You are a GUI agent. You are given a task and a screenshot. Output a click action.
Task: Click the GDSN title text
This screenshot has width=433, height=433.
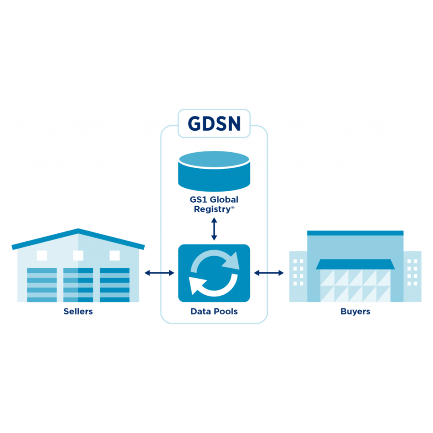(x=214, y=123)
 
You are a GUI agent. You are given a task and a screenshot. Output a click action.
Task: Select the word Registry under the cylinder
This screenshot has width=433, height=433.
(x=211, y=209)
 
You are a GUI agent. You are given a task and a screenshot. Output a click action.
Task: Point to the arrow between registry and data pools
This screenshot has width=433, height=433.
(x=214, y=229)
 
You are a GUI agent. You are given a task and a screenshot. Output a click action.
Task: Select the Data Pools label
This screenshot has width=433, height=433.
(x=214, y=312)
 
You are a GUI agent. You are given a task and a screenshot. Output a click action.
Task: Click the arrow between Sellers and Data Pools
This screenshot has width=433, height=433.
(x=159, y=273)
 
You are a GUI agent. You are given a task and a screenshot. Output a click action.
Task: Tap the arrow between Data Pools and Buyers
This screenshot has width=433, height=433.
(x=269, y=273)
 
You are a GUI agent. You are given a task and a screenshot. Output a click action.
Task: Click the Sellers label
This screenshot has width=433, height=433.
(x=78, y=312)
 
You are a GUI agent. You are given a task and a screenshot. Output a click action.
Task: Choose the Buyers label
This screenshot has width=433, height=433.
(x=355, y=312)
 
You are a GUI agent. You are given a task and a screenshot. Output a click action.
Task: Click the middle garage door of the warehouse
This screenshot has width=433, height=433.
(x=78, y=285)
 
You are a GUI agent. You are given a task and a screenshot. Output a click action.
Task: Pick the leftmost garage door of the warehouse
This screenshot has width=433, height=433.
(x=42, y=285)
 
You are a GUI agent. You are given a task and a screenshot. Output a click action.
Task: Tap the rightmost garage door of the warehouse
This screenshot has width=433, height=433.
(x=115, y=285)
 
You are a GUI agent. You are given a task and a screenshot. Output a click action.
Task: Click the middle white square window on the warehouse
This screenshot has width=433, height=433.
(x=78, y=255)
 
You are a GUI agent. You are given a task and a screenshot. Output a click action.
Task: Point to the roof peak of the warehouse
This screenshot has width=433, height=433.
(x=78, y=231)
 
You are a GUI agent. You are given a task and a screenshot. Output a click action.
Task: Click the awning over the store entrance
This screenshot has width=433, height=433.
(x=355, y=264)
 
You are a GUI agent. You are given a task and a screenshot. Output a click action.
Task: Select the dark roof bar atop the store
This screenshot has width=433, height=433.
(x=355, y=233)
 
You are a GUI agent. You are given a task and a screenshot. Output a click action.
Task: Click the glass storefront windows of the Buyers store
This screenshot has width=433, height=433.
(x=355, y=285)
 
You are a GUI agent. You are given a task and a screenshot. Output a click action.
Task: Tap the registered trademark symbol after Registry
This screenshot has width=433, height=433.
(x=232, y=207)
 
